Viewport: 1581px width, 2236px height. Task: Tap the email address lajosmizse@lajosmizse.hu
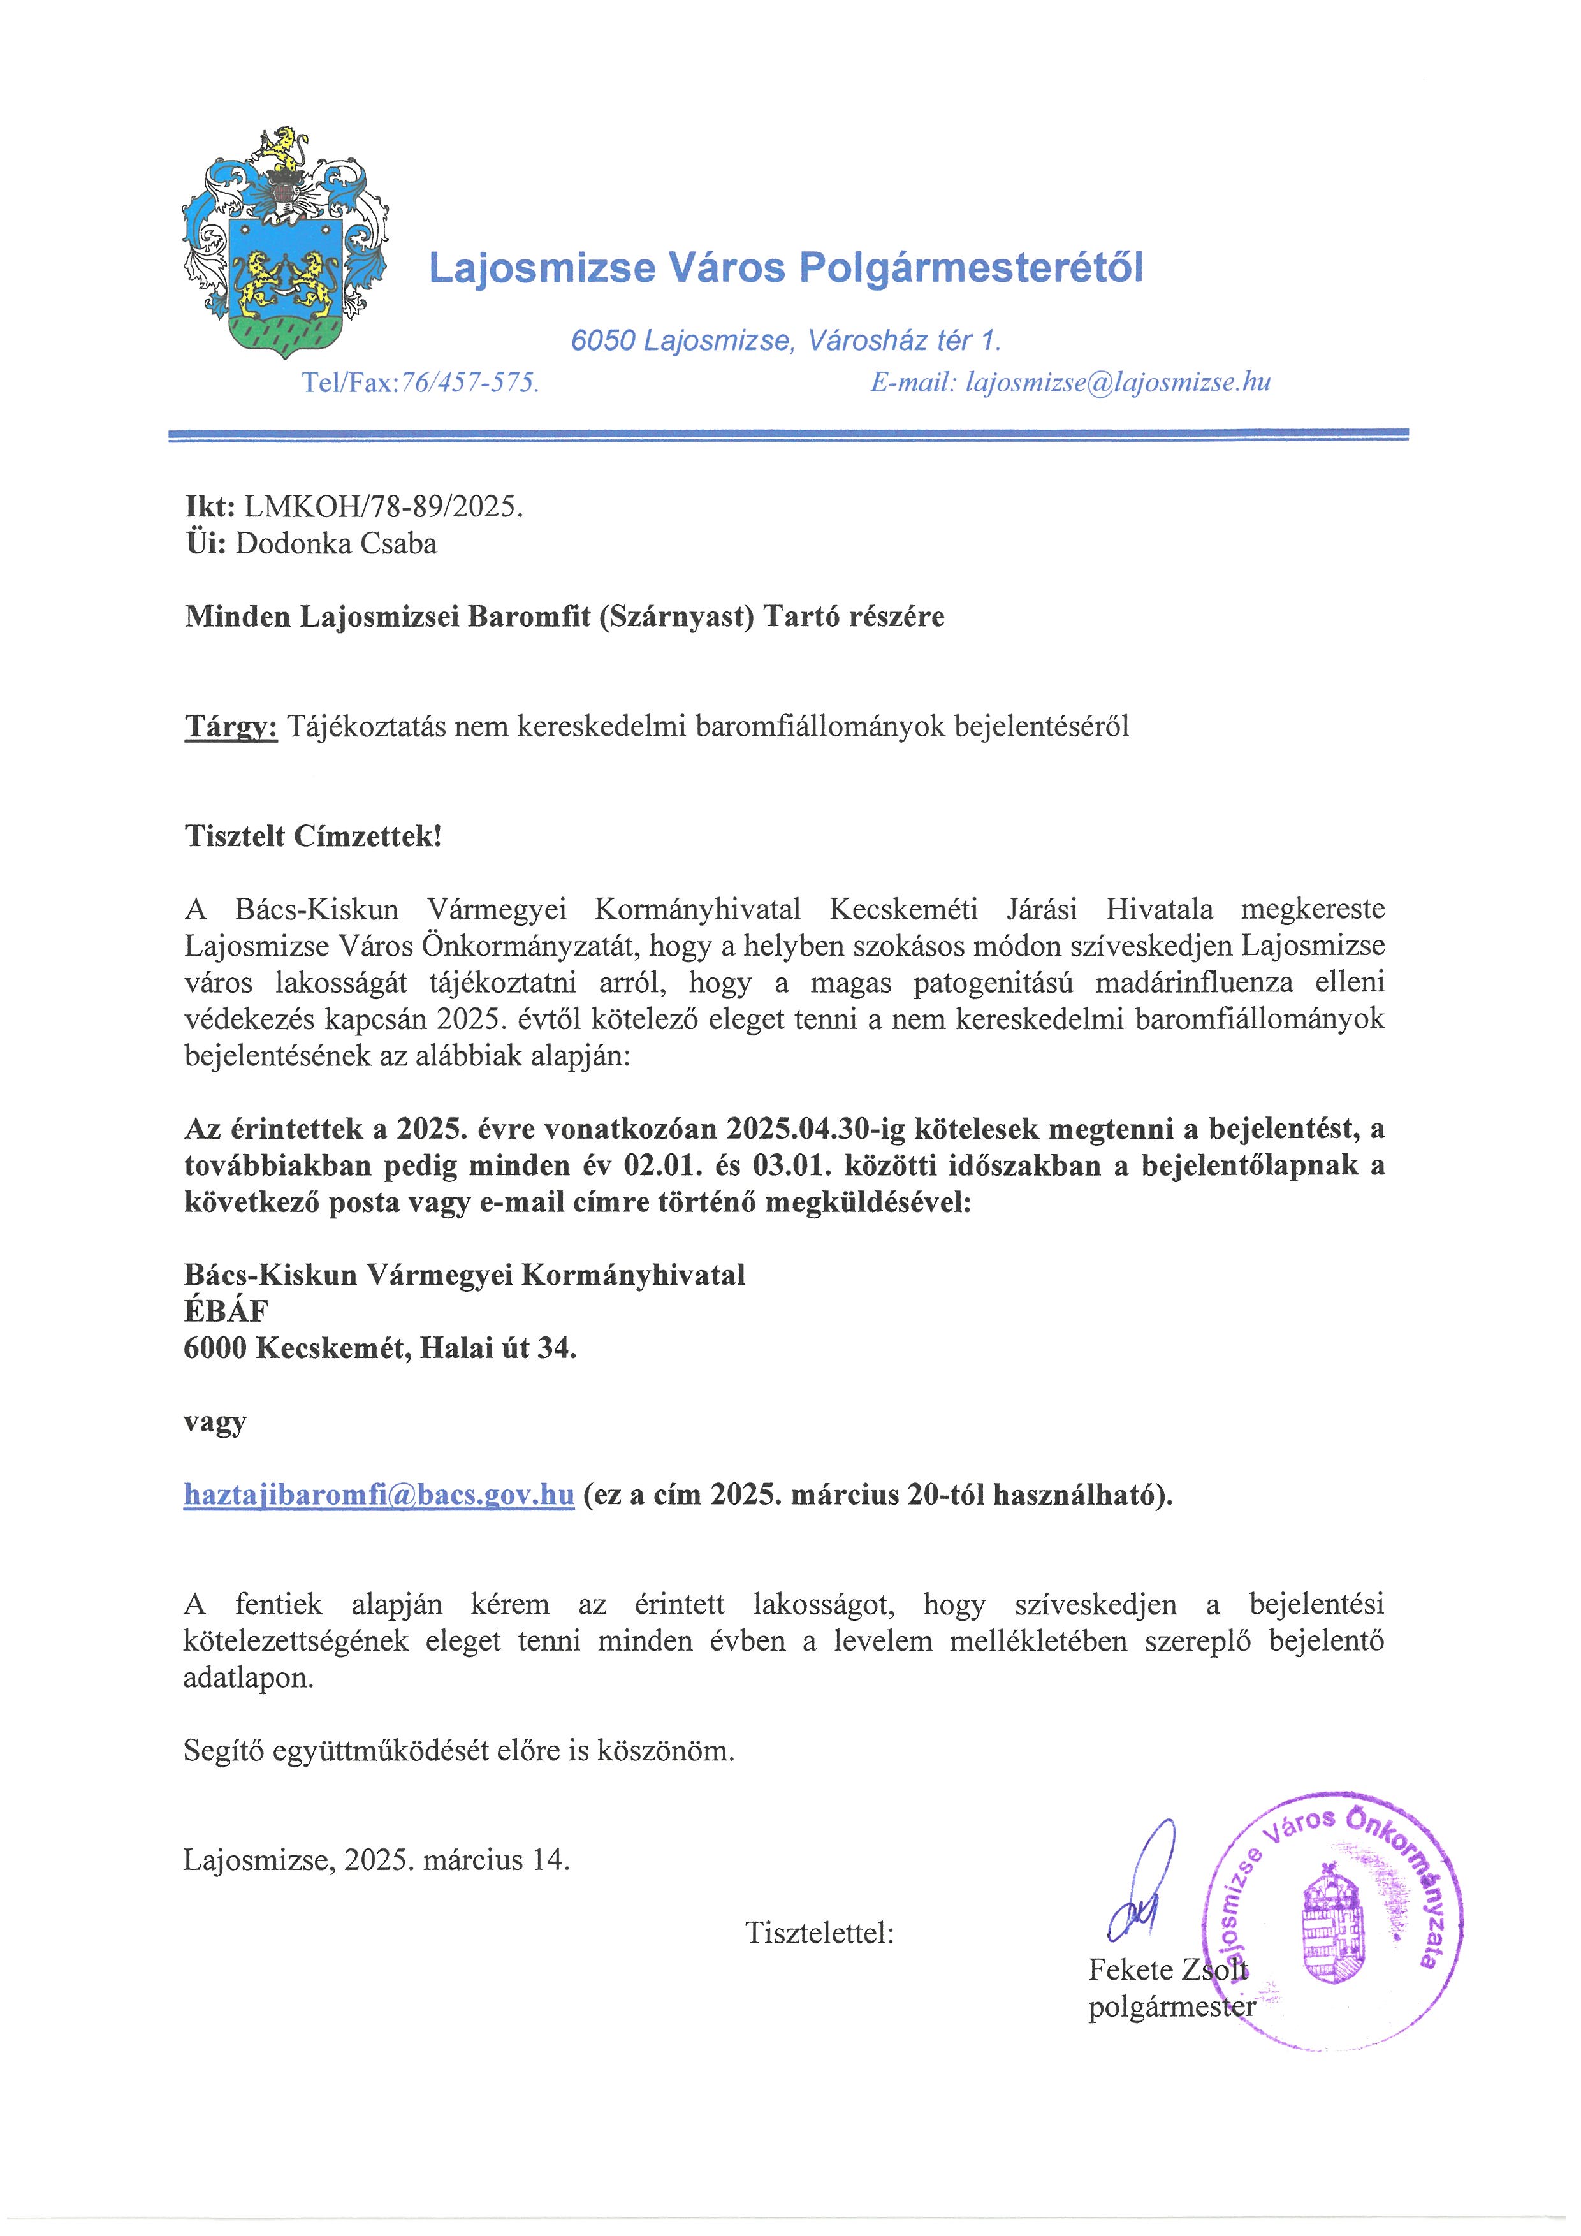pos(1118,383)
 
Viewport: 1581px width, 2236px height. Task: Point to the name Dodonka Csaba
pos(336,543)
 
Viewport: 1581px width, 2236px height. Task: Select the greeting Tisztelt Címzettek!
pos(312,837)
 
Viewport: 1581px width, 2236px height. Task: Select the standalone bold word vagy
pos(214,1422)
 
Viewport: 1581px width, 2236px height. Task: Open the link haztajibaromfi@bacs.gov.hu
pos(379,1495)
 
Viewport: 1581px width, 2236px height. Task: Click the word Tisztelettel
pos(819,1933)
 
